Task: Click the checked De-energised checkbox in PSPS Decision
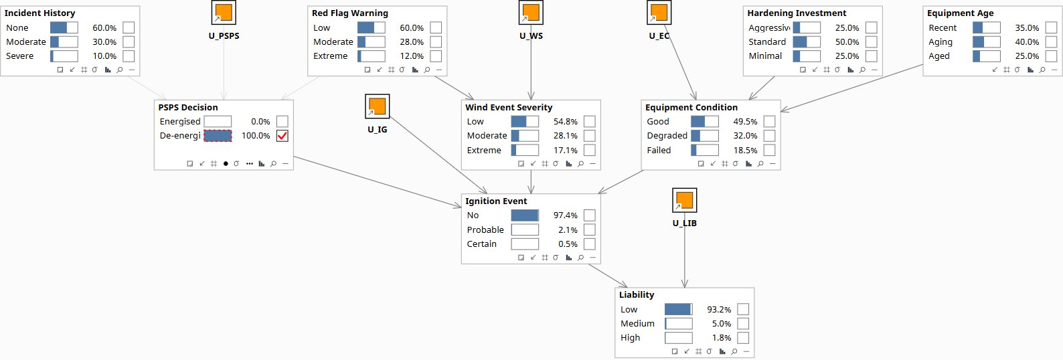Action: coord(282,136)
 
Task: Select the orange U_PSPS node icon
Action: coord(224,12)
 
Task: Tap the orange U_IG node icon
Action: coord(378,106)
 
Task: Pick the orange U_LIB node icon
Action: coord(685,200)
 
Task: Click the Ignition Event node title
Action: coord(496,201)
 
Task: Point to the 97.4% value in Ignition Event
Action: coord(565,215)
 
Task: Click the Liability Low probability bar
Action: coord(679,310)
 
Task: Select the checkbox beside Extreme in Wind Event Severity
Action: coord(590,151)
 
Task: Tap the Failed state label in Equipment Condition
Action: coord(659,151)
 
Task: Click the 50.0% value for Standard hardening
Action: coord(847,41)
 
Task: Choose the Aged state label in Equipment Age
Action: coord(939,56)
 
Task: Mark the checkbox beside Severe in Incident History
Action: coord(129,56)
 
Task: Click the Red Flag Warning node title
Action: coord(349,13)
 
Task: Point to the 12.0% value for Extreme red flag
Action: coord(412,56)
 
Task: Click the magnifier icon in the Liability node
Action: coord(734,351)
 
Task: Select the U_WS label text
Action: coord(531,35)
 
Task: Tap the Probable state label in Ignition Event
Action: coord(485,230)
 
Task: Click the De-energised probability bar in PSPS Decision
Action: coord(218,136)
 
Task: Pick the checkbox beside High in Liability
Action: coord(743,338)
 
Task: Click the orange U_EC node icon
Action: coord(659,12)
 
